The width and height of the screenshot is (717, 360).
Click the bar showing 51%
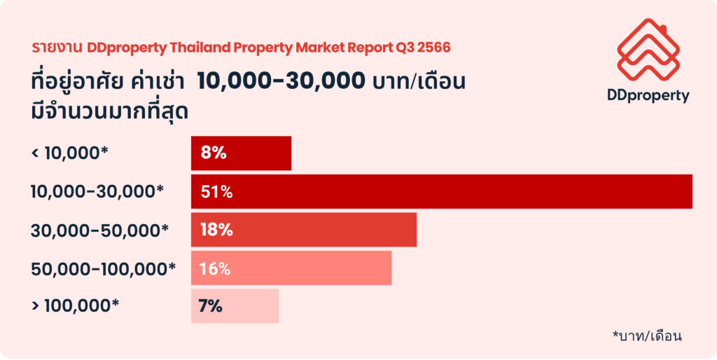(441, 191)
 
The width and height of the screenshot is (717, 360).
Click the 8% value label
(213, 153)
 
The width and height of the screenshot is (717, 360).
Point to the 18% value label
(216, 230)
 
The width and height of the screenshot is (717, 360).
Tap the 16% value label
(216, 268)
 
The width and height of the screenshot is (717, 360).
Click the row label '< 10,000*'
(70, 153)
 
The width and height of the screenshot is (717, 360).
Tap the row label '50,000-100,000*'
(103, 268)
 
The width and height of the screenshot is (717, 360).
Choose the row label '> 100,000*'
(76, 306)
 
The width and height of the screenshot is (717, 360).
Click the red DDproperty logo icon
(648, 48)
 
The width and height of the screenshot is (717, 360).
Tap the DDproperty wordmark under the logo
(648, 96)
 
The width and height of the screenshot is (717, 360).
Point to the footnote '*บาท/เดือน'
(646, 335)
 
